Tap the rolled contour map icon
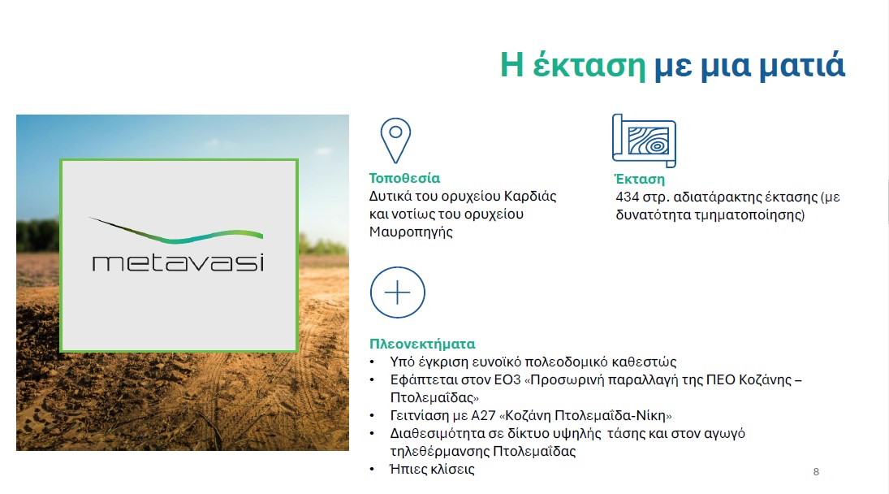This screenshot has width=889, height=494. coord(644,141)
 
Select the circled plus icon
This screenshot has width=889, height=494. coord(398,292)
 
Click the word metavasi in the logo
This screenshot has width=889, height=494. coord(178,262)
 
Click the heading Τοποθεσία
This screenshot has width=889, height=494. coord(404,178)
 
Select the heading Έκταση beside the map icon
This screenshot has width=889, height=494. coord(640,180)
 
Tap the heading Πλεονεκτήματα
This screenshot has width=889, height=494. coord(422,344)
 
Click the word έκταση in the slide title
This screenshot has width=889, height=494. coord(589,65)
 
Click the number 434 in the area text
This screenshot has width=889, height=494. coord(627,197)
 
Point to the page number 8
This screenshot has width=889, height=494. coord(816,471)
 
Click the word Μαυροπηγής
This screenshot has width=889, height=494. coord(411,232)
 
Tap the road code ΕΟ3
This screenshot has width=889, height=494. coord(507,379)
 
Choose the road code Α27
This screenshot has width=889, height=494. coord(483,415)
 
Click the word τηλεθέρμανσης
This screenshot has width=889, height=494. coord(439,452)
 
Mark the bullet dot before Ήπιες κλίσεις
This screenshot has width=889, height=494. coord(372,469)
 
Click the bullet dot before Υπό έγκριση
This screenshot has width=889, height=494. coord(372,362)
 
